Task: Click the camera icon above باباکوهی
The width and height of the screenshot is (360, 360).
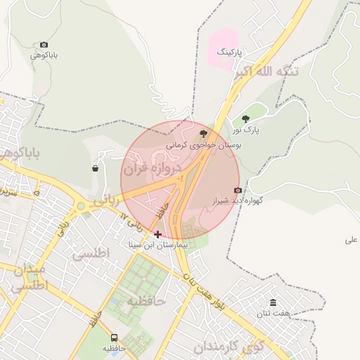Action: (x=44, y=44)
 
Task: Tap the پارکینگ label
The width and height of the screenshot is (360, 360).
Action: (x=229, y=52)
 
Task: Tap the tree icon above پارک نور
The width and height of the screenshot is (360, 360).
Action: (x=245, y=119)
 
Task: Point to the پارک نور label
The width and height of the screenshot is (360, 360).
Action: (x=247, y=130)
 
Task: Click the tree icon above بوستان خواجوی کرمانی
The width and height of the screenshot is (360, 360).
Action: (x=204, y=132)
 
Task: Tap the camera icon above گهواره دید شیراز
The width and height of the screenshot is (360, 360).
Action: (x=237, y=190)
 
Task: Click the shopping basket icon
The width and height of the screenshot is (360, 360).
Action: (x=95, y=168)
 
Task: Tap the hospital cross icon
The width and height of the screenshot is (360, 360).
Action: (x=157, y=234)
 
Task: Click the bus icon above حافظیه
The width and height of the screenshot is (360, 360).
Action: (x=115, y=337)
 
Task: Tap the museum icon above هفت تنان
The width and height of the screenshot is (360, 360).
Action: (x=273, y=302)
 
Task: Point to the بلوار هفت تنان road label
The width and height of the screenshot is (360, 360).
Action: (x=206, y=290)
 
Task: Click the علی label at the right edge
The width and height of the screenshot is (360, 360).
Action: (x=351, y=240)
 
